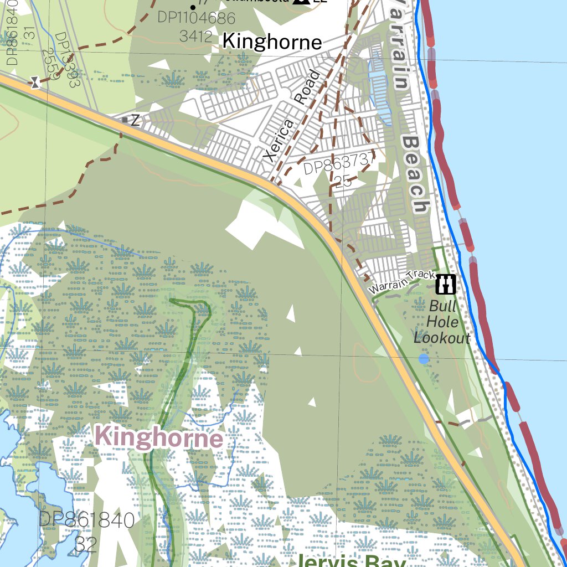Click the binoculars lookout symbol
tap(446, 284)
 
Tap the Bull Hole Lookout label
tap(442, 322)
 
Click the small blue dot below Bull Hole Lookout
tap(424, 359)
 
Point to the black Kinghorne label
tap(272, 42)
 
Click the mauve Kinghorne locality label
tap(159, 438)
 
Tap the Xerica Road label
tap(292, 117)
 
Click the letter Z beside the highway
tap(135, 120)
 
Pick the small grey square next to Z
tap(125, 120)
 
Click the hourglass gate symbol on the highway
tap(35, 83)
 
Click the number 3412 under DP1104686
tap(196, 37)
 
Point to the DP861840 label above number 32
tap(86, 520)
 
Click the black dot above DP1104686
tap(192, 7)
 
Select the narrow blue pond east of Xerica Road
tap(380, 89)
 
